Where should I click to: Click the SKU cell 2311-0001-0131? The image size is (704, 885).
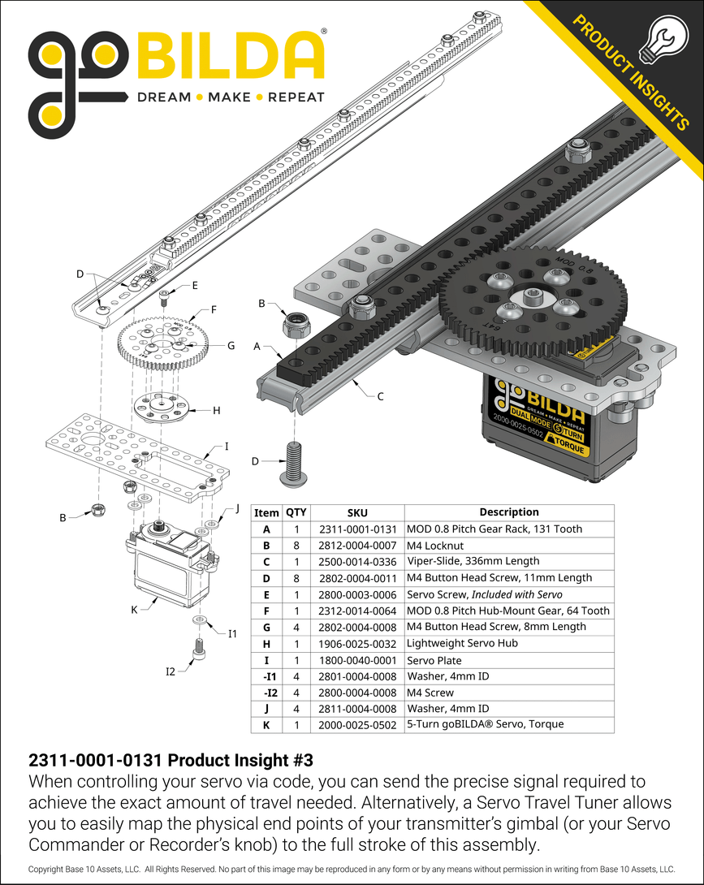[357, 529]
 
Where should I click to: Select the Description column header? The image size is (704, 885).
[508, 512]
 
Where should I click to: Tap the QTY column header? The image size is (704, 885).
[296, 512]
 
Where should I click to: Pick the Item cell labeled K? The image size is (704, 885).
[266, 724]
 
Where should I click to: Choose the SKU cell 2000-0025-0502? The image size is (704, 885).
[357, 724]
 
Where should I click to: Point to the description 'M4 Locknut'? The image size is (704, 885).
[435, 545]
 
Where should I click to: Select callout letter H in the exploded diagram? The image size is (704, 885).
[216, 410]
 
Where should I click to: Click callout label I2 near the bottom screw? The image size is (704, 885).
[171, 671]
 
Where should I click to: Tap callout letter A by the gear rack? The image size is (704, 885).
[257, 346]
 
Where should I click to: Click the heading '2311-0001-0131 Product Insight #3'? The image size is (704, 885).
[171, 761]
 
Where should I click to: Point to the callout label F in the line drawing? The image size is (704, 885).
[214, 309]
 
